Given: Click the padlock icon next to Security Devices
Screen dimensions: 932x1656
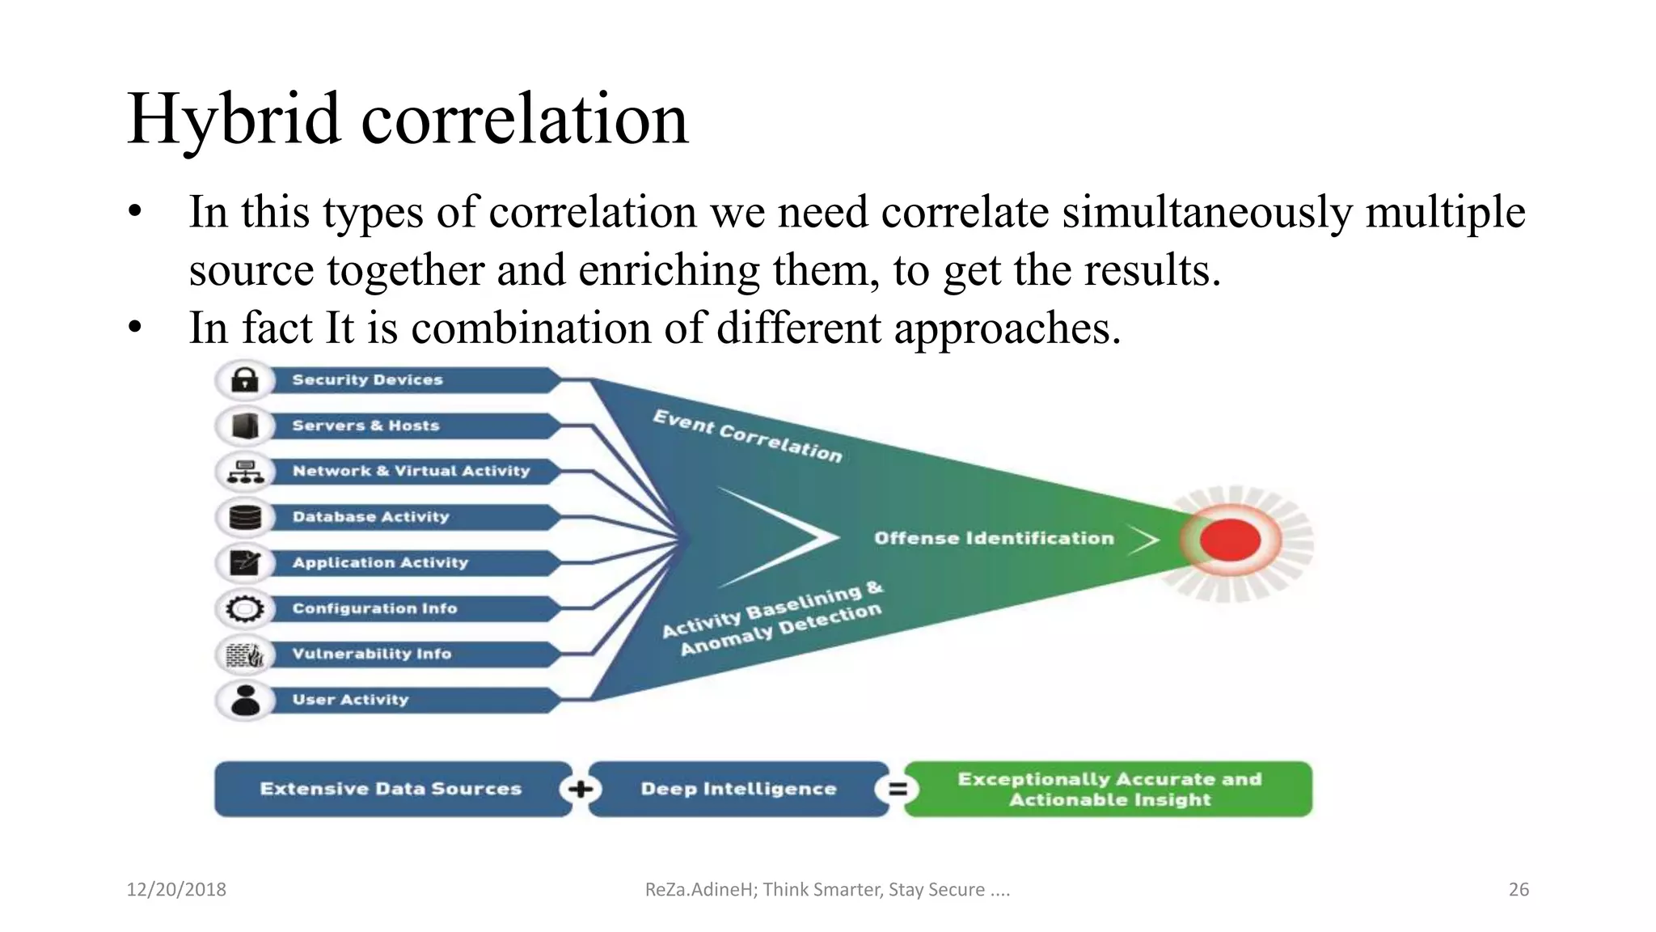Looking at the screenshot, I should click(245, 379).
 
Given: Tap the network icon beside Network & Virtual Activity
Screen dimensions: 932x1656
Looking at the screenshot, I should click(245, 471).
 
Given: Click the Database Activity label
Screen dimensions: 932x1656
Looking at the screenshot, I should click(370, 517).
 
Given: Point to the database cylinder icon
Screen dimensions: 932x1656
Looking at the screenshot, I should click(245, 517).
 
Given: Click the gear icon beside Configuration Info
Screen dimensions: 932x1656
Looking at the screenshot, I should click(245, 608).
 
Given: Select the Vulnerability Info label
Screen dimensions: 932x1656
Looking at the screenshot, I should click(371, 654).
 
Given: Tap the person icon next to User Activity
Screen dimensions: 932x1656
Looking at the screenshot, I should click(245, 700).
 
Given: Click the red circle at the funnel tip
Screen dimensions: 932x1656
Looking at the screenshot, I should click(1230, 540).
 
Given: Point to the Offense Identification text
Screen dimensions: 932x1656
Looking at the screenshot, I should click(994, 538).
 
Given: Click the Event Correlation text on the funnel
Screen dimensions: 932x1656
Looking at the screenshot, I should click(747, 436).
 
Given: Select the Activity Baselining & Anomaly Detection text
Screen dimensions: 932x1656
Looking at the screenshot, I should click(773, 620).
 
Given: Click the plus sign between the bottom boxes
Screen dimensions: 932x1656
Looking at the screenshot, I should click(580, 789).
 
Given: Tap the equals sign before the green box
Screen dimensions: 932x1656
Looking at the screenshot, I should click(897, 789).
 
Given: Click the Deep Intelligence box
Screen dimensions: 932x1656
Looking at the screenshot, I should click(737, 789).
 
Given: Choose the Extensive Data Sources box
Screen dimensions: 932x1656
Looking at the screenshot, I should click(390, 789).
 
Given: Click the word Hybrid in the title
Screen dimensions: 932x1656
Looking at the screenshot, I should click(234, 120).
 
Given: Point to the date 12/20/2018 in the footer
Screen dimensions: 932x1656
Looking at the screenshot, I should click(176, 889).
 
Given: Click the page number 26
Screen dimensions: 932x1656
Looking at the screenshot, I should click(1519, 889).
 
